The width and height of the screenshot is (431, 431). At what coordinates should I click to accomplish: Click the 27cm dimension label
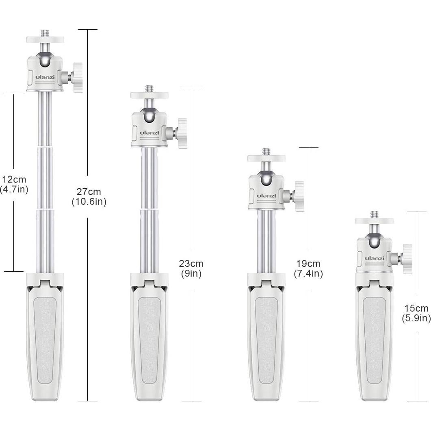[x=89, y=192]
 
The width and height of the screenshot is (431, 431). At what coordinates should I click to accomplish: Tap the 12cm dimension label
[x=14, y=180]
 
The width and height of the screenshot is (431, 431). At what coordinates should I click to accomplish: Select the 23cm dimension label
[x=191, y=264]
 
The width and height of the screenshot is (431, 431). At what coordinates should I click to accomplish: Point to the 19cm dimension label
[x=308, y=264]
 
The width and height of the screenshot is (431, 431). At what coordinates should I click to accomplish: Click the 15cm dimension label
[x=416, y=308]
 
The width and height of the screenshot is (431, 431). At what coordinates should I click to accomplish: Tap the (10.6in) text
[x=89, y=202]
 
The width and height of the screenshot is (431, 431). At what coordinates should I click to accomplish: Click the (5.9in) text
[x=416, y=318]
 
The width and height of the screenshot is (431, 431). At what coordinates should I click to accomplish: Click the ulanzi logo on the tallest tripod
[x=45, y=77]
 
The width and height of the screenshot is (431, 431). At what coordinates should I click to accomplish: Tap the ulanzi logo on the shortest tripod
[x=375, y=258]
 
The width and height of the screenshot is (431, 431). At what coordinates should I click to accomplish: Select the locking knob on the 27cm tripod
[x=78, y=78]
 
